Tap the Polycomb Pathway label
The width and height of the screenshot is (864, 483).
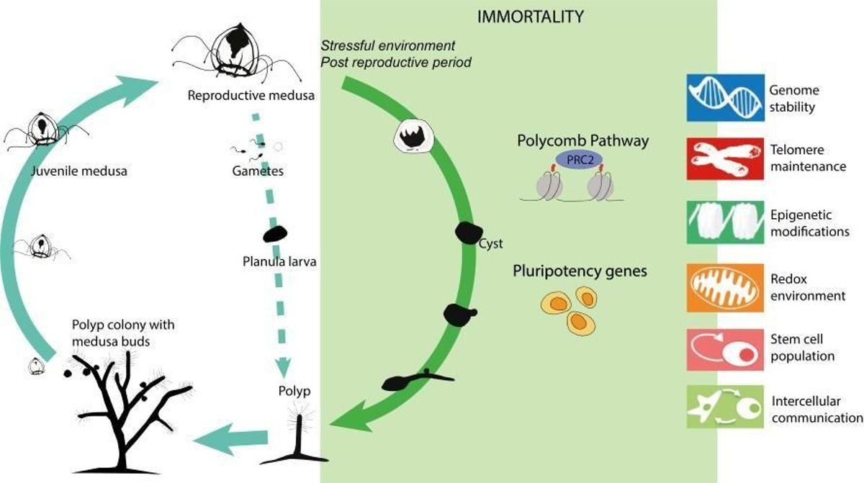pos(582,140)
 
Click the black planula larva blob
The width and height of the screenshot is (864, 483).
pos(275,235)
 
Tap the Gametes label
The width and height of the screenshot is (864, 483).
pos(258,171)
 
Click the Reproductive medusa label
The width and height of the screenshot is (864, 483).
pos(251,95)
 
